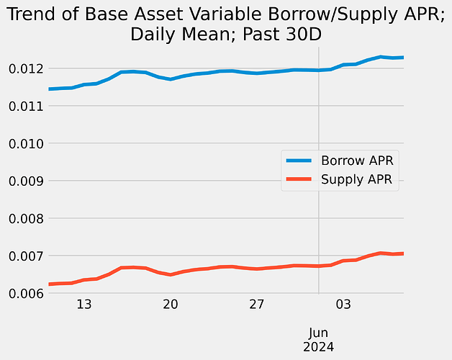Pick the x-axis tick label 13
83,305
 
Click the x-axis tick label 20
171,305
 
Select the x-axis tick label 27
257,305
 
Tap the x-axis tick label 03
343,305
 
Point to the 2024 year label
318,346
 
